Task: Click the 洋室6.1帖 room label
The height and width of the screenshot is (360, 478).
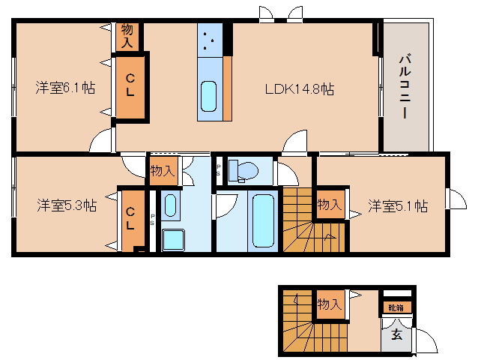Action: pos(65,88)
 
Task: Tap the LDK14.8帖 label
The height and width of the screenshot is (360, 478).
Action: pos(300,89)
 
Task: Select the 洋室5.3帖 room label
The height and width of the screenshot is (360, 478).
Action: pos(67,205)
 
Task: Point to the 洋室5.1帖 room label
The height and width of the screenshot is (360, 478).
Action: pos(398,206)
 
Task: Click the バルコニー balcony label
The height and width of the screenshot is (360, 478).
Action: pos(405,85)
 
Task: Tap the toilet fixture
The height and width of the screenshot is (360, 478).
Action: pos(243,170)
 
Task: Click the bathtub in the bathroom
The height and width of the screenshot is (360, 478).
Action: pos(263,221)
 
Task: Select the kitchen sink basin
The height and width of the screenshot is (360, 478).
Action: pos(209,96)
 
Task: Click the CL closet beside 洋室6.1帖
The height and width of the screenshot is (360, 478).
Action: pos(130,87)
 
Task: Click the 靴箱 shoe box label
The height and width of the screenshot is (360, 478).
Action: pos(396,307)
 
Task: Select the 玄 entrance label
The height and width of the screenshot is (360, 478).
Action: pos(396,334)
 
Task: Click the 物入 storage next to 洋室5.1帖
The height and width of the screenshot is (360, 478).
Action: pos(330,204)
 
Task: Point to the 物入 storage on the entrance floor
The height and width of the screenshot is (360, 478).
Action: pos(329,304)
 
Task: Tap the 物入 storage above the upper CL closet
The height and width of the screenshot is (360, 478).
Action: pos(127,37)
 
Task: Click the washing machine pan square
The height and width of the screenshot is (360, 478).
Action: pos(173,240)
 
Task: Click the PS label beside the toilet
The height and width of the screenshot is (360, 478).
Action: pos(218,170)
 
